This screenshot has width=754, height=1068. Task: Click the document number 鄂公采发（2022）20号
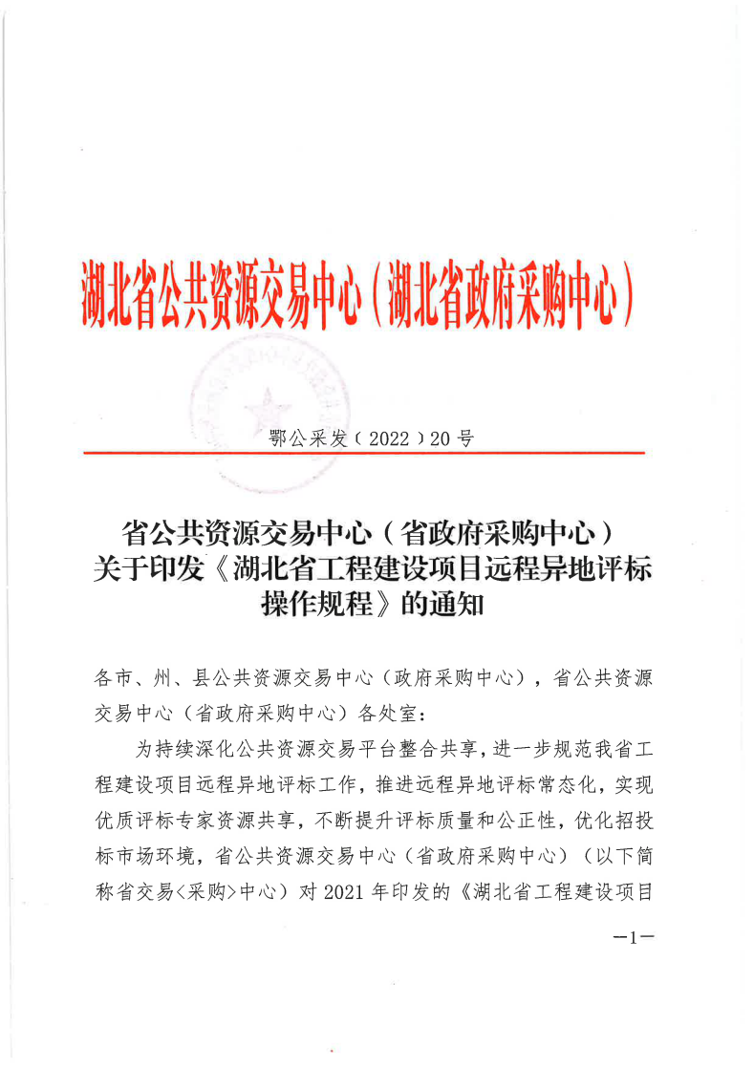[x=372, y=439]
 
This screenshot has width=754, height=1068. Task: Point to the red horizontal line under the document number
[x=364, y=453]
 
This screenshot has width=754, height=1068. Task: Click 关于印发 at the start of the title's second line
[x=149, y=569]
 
